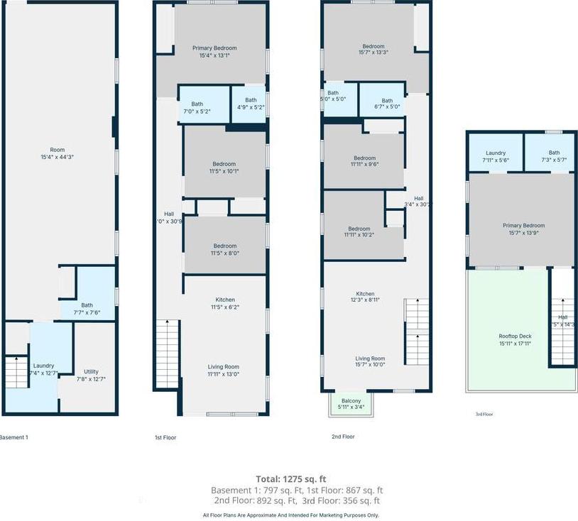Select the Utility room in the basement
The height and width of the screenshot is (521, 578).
(91, 375)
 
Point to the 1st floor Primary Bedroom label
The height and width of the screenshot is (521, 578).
(214, 52)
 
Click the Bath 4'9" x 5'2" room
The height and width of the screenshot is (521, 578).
(249, 104)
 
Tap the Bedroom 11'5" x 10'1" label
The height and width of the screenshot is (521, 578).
(224, 167)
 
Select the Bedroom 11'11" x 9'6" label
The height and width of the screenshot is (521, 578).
(364, 161)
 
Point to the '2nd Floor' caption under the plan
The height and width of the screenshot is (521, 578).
(342, 437)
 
